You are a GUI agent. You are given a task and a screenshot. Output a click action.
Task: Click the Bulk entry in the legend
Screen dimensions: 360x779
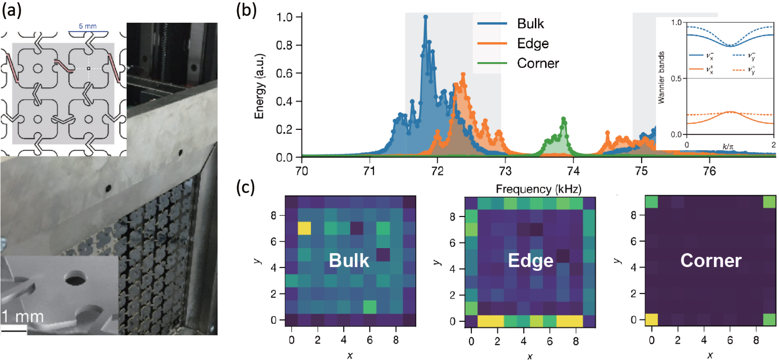pyautogui.click(x=530, y=23)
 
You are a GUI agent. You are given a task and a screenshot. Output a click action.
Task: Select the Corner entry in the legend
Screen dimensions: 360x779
pyautogui.click(x=538, y=63)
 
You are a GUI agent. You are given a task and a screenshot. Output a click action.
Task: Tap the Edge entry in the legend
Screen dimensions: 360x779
pyautogui.click(x=532, y=43)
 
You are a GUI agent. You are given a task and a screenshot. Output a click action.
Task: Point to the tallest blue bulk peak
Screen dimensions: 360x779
pyautogui.click(x=426, y=17)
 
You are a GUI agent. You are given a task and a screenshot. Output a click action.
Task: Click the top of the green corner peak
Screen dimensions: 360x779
pyautogui.click(x=563, y=119)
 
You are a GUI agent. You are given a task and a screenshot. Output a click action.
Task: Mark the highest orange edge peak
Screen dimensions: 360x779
pyautogui.click(x=463, y=74)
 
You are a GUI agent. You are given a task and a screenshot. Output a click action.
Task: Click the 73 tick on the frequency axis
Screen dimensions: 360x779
pyautogui.click(x=505, y=171)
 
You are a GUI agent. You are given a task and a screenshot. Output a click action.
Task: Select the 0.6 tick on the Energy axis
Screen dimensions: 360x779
pyautogui.click(x=284, y=73)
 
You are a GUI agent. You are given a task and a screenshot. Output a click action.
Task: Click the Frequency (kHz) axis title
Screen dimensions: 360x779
pyautogui.click(x=538, y=189)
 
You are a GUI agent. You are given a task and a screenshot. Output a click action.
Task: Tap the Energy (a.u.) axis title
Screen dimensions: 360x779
pyautogui.click(x=259, y=86)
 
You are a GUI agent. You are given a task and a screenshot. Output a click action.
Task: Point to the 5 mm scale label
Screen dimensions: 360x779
pyautogui.click(x=88, y=26)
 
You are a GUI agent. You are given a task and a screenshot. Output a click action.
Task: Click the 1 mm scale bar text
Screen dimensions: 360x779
pyautogui.click(x=22, y=317)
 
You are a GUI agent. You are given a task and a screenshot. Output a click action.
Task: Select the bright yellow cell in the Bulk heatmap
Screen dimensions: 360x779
pyautogui.click(x=304, y=228)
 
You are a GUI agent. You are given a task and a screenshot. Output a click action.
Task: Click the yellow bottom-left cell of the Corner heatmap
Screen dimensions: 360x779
pyautogui.click(x=651, y=319)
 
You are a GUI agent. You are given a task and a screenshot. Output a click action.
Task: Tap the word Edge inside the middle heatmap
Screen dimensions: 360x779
pyautogui.click(x=530, y=261)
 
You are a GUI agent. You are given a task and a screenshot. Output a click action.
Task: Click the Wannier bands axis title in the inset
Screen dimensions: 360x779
pyautogui.click(x=661, y=78)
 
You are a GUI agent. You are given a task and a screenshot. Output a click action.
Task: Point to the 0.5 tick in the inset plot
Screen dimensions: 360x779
pyautogui.click(x=676, y=78)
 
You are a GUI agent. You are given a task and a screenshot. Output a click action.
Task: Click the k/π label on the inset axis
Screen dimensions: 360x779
pyautogui.click(x=728, y=147)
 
